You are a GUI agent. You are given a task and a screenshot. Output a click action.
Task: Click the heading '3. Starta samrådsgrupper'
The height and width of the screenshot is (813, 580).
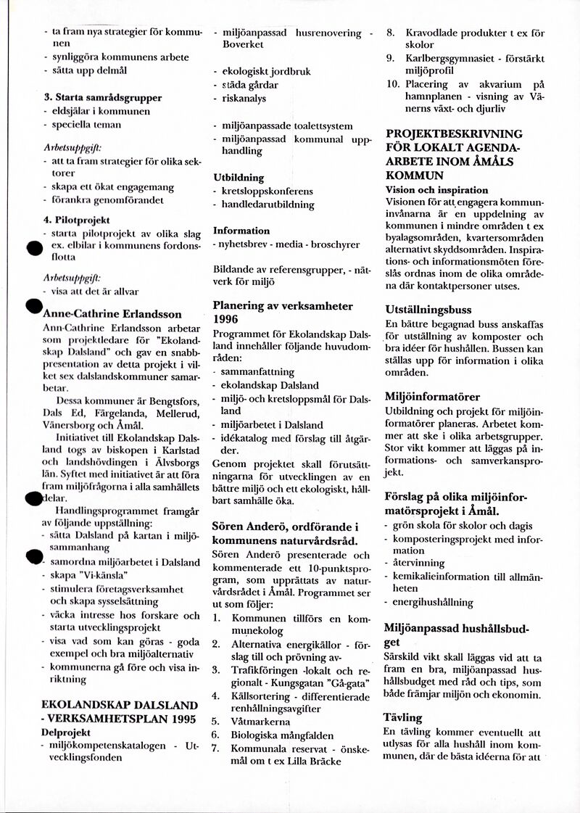[102, 97]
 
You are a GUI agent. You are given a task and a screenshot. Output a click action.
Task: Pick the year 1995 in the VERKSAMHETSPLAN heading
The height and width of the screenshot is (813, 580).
[181, 719]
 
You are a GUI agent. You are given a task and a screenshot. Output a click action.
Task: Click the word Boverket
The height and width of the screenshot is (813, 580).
[243, 45]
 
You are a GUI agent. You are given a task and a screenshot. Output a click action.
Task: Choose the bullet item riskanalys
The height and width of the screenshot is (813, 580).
[244, 98]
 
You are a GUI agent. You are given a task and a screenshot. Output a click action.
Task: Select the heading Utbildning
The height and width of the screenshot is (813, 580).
[239, 177]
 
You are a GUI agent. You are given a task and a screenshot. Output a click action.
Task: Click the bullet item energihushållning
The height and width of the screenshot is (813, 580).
[433, 602]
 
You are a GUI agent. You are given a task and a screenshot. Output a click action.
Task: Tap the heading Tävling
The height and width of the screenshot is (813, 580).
[402, 717]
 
